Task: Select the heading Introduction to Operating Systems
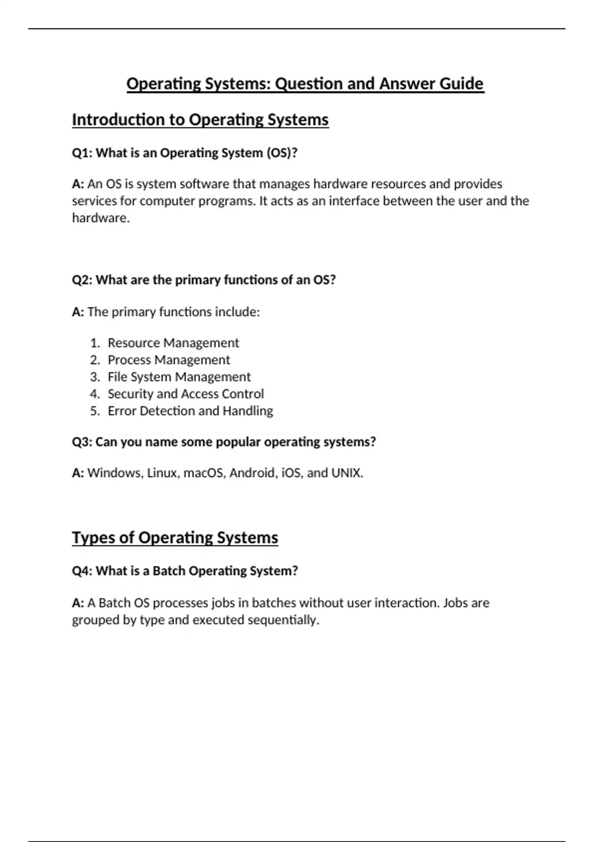(200, 120)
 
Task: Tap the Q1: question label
(82, 153)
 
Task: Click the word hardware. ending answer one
(100, 218)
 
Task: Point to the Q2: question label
(82, 280)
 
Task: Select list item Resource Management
(173, 343)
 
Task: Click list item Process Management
(169, 360)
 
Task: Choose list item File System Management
(179, 377)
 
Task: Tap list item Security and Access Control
(186, 394)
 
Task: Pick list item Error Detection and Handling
(190, 411)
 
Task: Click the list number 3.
(95, 377)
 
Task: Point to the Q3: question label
(82, 442)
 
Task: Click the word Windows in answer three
(115, 473)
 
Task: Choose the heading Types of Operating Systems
(175, 538)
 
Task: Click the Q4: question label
(82, 571)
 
